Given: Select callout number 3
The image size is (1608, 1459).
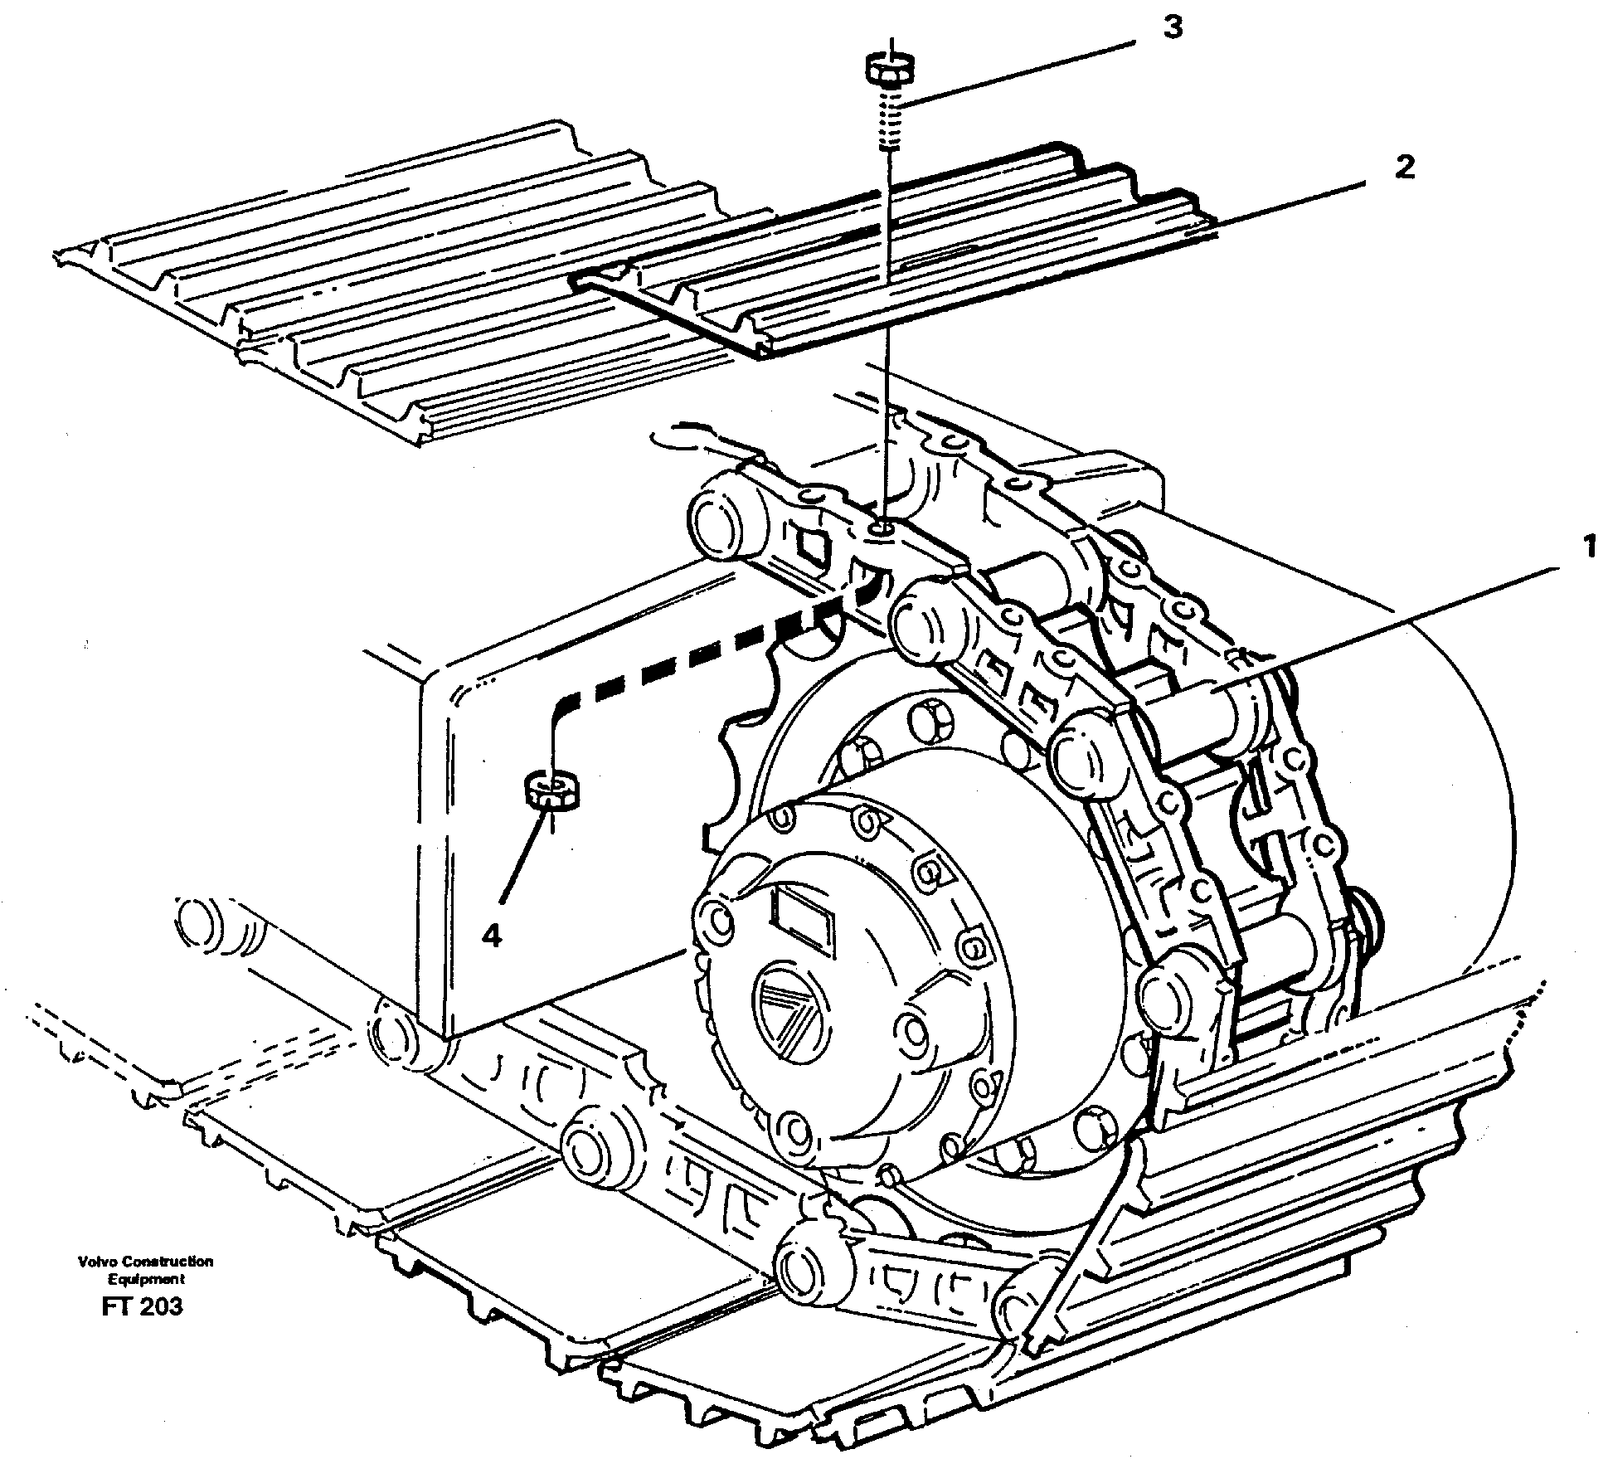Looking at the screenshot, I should point(1171,29).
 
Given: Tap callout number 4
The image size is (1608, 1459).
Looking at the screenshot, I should point(491,936).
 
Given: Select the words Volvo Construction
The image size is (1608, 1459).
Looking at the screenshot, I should point(145,1262).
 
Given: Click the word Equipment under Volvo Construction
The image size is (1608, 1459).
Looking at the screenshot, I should point(145,1279).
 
